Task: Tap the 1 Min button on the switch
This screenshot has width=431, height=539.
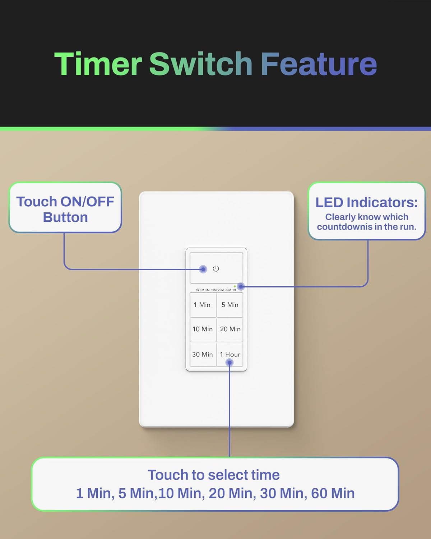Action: click(203, 305)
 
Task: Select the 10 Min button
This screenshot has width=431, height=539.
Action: click(203, 329)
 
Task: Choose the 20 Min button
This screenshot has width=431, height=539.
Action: click(230, 329)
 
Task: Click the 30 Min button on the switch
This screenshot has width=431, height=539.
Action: click(203, 354)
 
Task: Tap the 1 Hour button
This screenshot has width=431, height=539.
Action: click(230, 354)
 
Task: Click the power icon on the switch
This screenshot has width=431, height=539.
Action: click(216, 269)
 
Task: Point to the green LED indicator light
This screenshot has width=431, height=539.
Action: click(235, 286)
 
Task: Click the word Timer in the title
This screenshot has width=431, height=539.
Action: click(98, 64)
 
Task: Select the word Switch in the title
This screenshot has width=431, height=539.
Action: click(201, 64)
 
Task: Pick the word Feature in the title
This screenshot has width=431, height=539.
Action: click(319, 64)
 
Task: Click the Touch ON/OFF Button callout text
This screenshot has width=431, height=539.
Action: click(65, 209)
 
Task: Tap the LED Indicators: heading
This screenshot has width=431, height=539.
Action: click(366, 202)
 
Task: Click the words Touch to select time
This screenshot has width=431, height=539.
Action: click(214, 475)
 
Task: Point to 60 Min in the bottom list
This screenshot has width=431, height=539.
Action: click(333, 493)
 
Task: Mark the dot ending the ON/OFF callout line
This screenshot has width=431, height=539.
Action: click(203, 269)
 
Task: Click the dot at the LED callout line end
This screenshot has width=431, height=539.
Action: click(241, 286)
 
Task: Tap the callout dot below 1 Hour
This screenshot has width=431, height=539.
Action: click(230, 363)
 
